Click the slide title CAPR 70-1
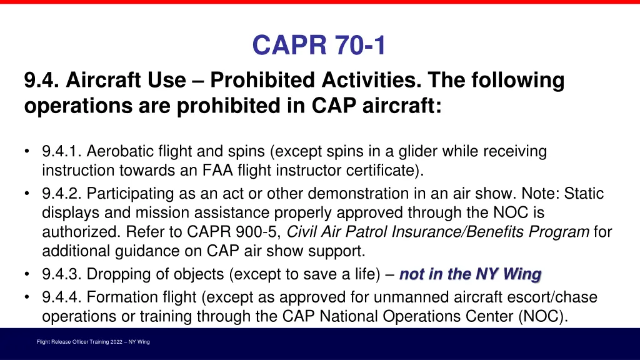319,46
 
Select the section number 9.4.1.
61,151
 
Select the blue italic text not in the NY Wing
470,274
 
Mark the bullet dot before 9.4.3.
27,275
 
